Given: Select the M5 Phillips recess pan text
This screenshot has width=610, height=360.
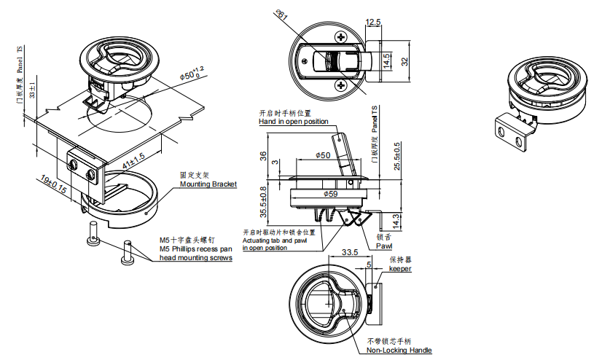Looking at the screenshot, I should click(194, 249).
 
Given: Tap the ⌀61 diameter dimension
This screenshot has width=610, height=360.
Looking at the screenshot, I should click(284, 16).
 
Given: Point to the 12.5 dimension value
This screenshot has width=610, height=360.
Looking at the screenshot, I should click(373, 23).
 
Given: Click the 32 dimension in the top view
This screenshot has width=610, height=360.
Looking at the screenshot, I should click(405, 62).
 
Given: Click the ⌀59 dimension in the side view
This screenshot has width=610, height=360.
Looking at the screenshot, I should click(330, 194).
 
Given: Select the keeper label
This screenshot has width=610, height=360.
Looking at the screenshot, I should click(399, 269).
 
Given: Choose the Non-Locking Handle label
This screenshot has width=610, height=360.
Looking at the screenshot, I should click(399, 351).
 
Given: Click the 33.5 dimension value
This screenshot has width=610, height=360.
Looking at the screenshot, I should click(349, 253).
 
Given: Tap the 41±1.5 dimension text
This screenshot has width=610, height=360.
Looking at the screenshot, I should click(133, 159).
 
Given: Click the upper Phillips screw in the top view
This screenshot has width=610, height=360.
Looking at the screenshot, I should click(341, 36).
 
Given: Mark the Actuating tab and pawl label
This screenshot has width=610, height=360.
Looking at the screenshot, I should click(275, 240).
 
